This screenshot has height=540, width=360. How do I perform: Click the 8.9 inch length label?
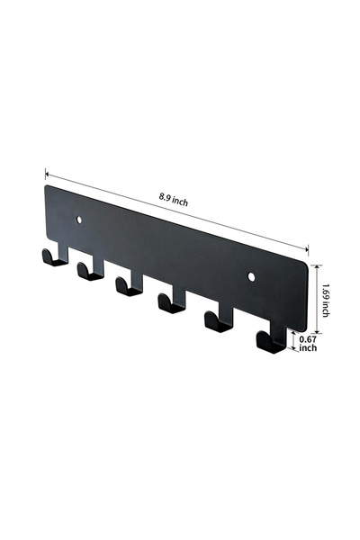[x=174, y=200]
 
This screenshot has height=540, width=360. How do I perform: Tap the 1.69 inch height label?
[x=325, y=300]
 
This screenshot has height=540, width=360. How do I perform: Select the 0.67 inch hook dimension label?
[x=308, y=344]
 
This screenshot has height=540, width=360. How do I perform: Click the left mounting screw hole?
[x=79, y=220]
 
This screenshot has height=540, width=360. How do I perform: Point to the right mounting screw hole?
[x=251, y=276]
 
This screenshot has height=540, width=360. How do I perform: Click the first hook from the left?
[x=55, y=256]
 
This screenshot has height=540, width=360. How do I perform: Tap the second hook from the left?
[x=91, y=269]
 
